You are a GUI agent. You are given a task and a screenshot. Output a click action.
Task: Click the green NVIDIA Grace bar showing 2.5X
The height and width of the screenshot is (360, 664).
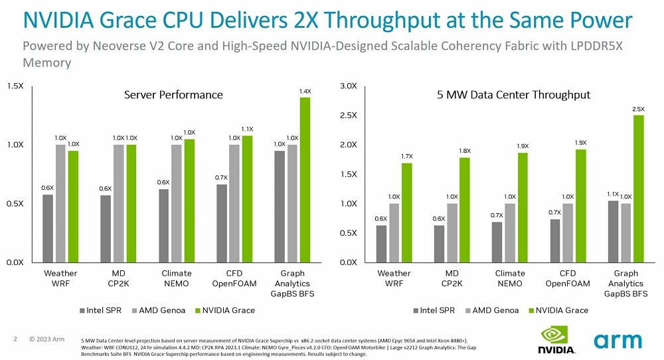(x=638, y=189)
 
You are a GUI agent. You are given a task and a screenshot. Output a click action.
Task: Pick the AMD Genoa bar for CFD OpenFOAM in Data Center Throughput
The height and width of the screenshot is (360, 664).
(x=568, y=232)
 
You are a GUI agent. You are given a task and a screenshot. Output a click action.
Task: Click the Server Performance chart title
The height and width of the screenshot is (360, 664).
(x=173, y=95)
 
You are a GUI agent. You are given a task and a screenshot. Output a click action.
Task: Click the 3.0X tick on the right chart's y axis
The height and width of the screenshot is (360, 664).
(x=348, y=86)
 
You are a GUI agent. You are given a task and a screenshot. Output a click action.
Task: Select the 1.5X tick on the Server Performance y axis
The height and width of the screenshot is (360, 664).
(x=16, y=86)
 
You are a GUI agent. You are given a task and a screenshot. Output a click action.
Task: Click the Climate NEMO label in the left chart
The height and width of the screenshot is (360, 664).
(x=177, y=278)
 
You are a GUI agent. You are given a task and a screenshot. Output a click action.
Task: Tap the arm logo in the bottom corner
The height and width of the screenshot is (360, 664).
(x=618, y=341)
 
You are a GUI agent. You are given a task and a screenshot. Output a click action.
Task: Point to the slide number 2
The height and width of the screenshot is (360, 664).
(x=15, y=339)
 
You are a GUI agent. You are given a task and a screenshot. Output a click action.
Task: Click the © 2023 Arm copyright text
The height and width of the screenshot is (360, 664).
(x=46, y=339)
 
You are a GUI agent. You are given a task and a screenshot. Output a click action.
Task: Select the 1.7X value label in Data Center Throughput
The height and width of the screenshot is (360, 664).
(x=407, y=157)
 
